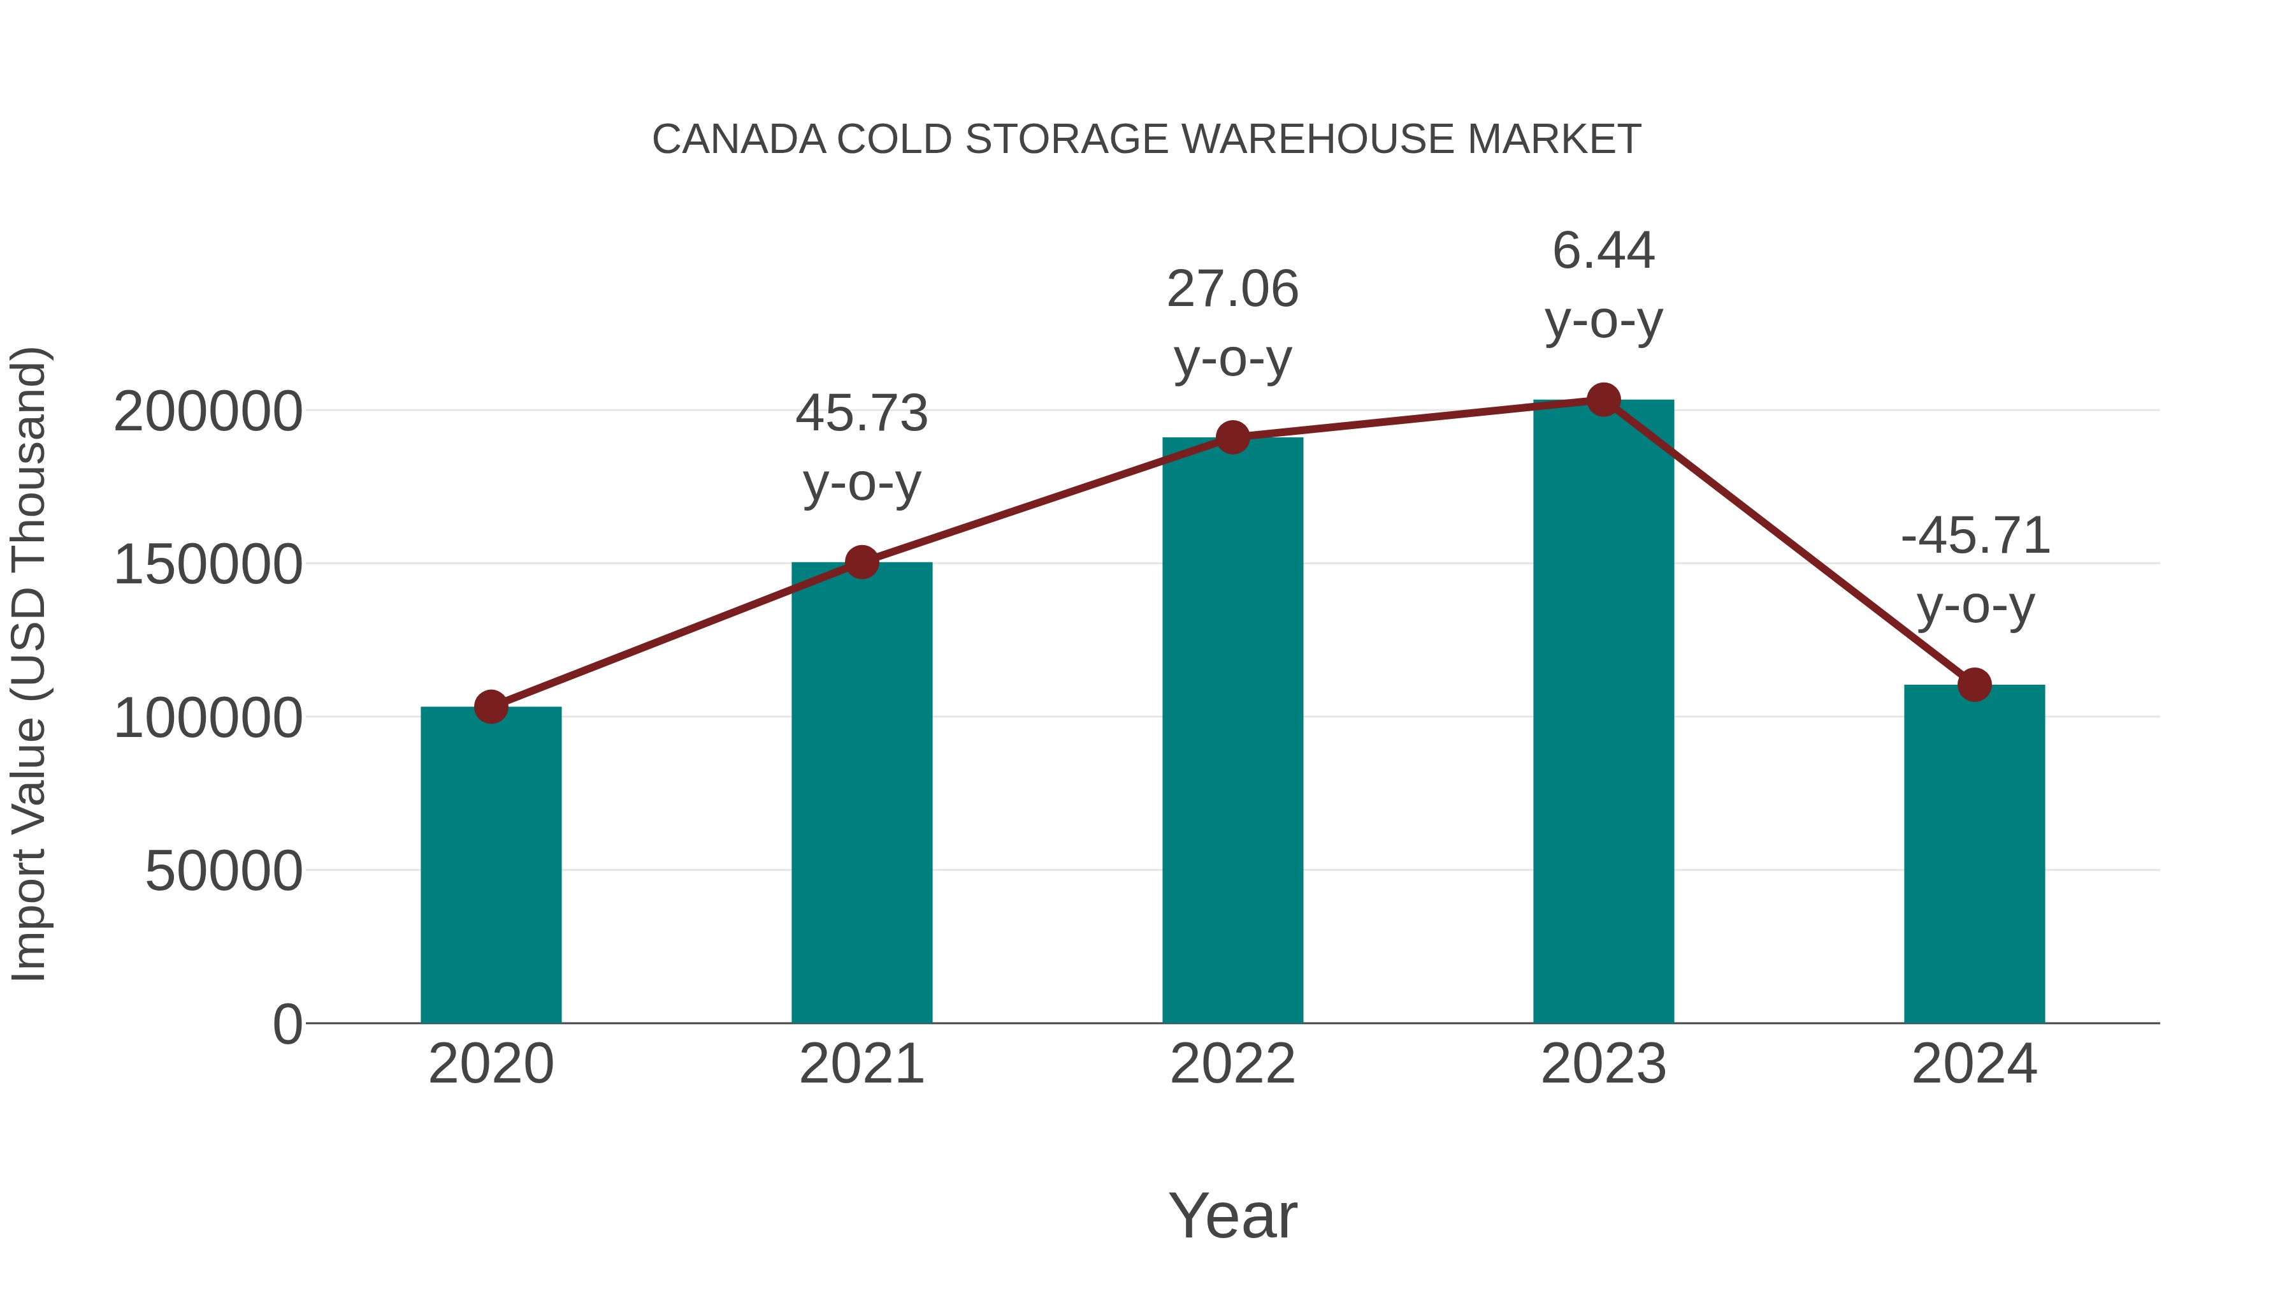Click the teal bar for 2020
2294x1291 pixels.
click(x=491, y=864)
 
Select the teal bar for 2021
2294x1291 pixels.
click(x=861, y=793)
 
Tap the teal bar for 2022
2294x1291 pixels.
click(x=1232, y=731)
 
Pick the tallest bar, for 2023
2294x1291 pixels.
click(x=1603, y=713)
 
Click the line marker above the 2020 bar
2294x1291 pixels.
click(x=491, y=706)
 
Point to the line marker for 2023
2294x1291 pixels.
click(x=1603, y=400)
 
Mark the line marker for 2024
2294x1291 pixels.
click(x=1974, y=684)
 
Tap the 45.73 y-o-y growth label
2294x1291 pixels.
click(x=861, y=414)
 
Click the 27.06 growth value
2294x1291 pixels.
click(x=1232, y=289)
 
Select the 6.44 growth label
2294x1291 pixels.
click(x=1603, y=251)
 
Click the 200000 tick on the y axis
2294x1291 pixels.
click(x=208, y=412)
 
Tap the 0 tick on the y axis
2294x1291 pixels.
click(x=287, y=1024)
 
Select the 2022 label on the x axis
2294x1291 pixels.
click(x=1232, y=1064)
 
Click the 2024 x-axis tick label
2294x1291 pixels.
click(x=1974, y=1064)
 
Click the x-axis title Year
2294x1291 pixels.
click(x=1232, y=1215)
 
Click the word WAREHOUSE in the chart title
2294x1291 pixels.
click(x=1318, y=140)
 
